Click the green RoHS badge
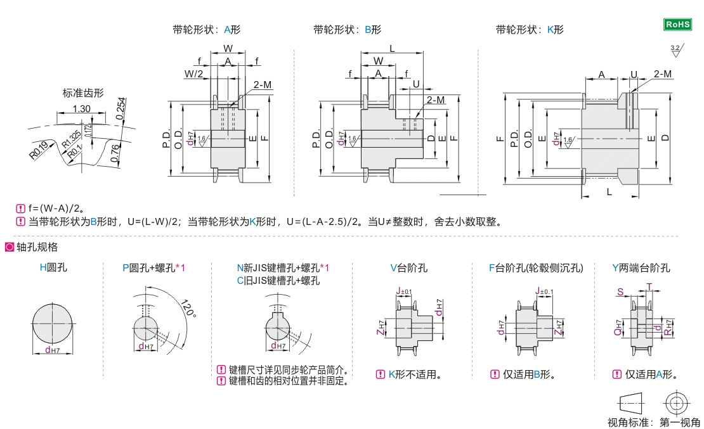[x=677, y=25]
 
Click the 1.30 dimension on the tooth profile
[x=81, y=109]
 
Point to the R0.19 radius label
[x=39, y=150]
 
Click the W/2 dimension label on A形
[x=193, y=74]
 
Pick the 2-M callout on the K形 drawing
[x=662, y=74]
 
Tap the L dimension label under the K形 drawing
[x=609, y=191]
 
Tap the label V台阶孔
[x=408, y=268]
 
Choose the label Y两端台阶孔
[x=641, y=268]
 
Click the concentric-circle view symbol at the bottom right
[x=675, y=402]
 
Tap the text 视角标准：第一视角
[x=653, y=422]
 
